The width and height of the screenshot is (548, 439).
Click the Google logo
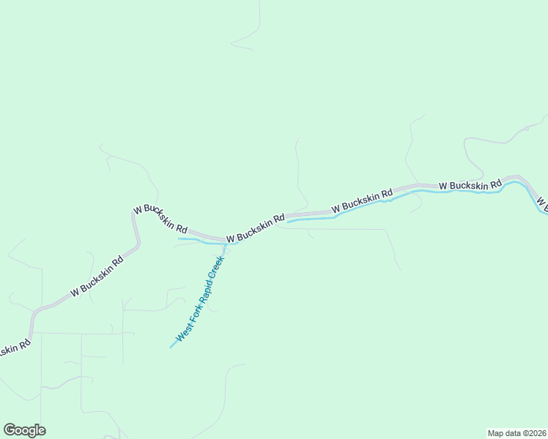coord(24,430)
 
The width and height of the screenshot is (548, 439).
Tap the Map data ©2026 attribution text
coord(516,432)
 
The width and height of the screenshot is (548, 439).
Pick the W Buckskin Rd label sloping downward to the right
coord(160,217)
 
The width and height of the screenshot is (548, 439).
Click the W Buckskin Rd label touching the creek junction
coord(255,229)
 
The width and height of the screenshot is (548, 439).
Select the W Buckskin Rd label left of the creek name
coord(97,277)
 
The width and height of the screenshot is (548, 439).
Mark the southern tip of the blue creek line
coord(171,347)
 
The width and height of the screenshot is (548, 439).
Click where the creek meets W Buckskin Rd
coord(224,243)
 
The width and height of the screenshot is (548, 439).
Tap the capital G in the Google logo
coord(10,429)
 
